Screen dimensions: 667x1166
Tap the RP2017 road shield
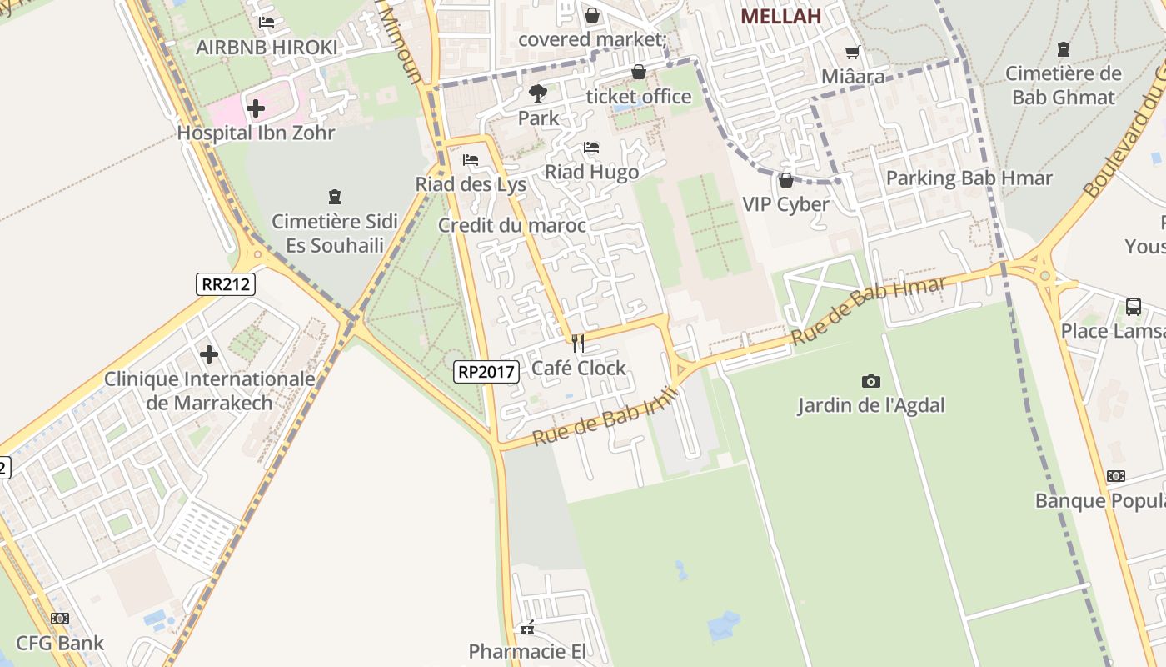486,372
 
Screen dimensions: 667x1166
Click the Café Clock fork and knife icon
578,344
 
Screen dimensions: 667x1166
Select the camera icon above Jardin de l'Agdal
871,381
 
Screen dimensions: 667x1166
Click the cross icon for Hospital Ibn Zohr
256,108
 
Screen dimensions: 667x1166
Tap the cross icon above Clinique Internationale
209,355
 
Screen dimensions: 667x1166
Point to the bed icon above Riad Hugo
591,148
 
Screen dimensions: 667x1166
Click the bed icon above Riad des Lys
471,160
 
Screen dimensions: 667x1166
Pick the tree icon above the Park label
538,93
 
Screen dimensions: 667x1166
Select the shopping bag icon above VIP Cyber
785,180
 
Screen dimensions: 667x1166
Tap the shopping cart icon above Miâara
853,53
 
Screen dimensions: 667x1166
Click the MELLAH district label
780,16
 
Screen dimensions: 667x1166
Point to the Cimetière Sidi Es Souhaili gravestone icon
335,198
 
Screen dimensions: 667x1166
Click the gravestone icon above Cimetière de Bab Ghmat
1063,49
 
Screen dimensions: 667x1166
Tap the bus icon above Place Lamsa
1134,306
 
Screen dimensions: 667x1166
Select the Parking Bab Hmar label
969,178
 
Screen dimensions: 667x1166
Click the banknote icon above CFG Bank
60,619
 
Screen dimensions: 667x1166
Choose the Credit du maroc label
512,225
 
